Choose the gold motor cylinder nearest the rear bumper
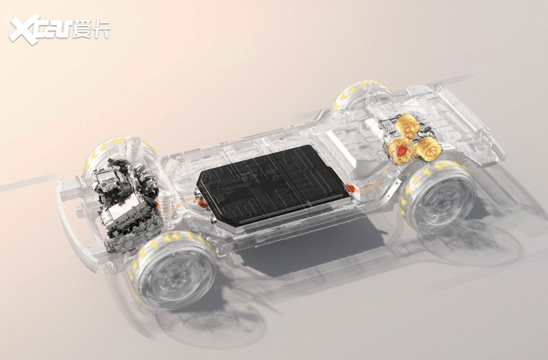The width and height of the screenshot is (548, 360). point(428,148)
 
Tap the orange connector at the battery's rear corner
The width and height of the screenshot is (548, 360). point(351,190)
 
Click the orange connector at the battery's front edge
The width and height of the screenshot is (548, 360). point(202,203)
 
